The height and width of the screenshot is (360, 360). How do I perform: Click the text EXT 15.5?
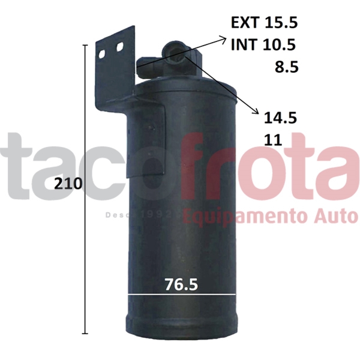(265, 23)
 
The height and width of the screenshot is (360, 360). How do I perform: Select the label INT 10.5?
(265, 44)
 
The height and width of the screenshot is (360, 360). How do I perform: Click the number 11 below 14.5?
(273, 140)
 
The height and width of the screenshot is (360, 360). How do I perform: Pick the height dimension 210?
(68, 184)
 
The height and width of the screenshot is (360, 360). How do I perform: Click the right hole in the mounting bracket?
(122, 47)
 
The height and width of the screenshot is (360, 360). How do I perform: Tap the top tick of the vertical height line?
(85, 46)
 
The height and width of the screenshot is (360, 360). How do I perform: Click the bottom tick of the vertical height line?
(85, 334)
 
